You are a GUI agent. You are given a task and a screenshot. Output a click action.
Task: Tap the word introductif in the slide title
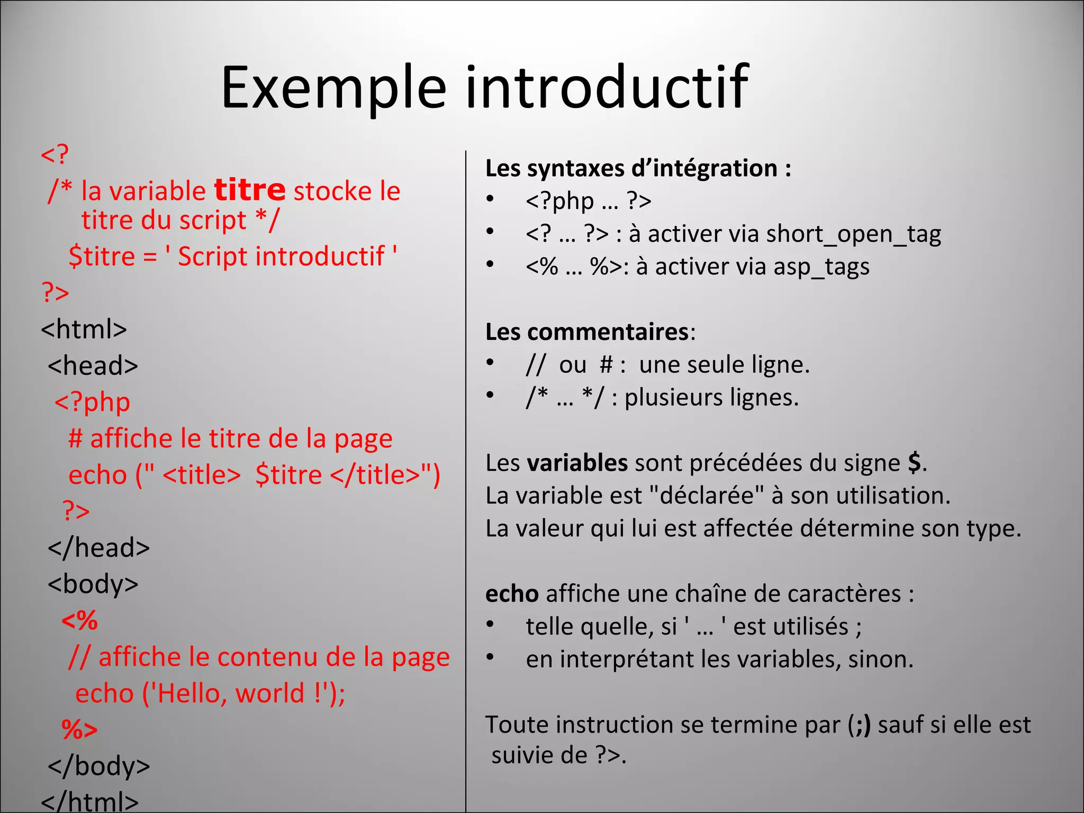(607, 87)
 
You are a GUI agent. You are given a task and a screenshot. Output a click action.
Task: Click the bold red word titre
(250, 190)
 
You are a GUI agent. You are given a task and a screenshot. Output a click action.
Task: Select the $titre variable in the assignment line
(102, 257)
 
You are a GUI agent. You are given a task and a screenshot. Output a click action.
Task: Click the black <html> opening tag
(84, 329)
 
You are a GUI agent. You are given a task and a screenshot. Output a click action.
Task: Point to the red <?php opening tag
(93, 402)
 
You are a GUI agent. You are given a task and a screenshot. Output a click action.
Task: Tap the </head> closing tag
(99, 548)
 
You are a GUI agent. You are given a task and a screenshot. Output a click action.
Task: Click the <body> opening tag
(93, 584)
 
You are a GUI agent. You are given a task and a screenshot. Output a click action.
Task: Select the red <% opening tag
(80, 620)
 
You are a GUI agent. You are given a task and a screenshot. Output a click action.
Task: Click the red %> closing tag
(80, 729)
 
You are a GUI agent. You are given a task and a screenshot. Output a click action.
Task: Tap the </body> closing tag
(99, 766)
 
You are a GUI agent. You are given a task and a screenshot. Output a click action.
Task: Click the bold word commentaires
(608, 332)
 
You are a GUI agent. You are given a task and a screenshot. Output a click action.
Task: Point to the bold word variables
(577, 463)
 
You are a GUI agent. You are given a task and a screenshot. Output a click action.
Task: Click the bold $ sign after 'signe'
(914, 463)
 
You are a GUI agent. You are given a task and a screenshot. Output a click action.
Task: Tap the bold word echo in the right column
(512, 594)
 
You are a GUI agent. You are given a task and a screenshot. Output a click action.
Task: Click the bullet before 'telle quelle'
(491, 625)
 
